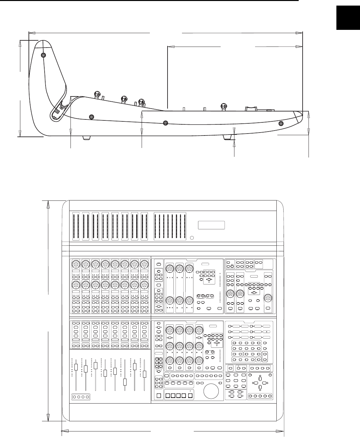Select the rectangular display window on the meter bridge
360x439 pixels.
click(x=211, y=225)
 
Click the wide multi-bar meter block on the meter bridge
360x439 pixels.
click(x=170, y=226)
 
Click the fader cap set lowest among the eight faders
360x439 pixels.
click(x=125, y=382)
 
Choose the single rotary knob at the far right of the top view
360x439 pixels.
click(x=269, y=298)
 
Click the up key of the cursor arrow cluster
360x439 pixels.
click(x=260, y=378)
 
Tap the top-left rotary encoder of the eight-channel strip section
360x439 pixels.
click(x=75, y=264)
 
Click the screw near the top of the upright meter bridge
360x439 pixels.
click(x=44, y=55)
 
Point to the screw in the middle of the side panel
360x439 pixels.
click(x=166, y=123)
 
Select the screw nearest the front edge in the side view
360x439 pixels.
click(x=281, y=123)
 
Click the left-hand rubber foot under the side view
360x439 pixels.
click(x=87, y=137)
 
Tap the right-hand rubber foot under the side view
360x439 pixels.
click(x=228, y=137)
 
